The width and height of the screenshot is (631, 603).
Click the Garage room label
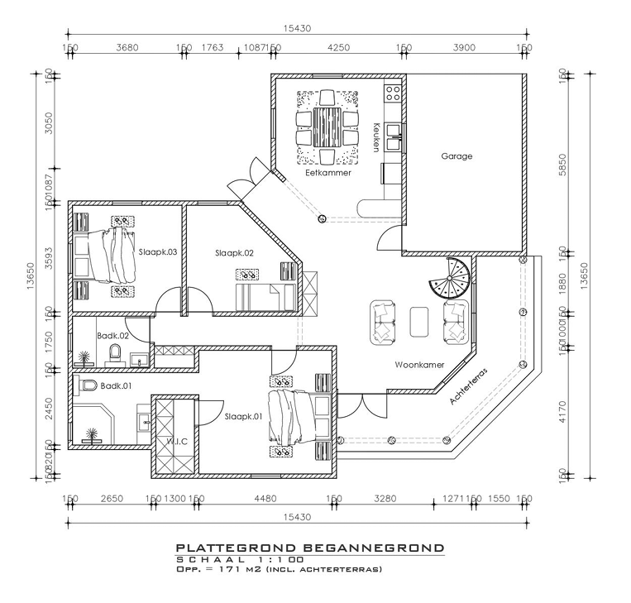pos(457,156)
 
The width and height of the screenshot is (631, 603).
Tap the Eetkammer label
pos(327,173)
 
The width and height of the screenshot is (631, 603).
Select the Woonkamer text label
pos(419,365)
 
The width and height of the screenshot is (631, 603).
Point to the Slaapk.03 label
pos(158,251)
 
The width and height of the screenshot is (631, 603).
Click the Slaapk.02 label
pos(233,252)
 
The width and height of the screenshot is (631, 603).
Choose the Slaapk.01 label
pos(243,416)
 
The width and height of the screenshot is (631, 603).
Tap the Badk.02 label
pos(112,336)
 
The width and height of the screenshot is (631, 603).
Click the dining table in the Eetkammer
pos(327,124)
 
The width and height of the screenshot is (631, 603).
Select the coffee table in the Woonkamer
pos(420,321)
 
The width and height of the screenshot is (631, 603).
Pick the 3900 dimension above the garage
pos(464,48)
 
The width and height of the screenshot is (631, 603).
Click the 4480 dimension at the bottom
pos(265,499)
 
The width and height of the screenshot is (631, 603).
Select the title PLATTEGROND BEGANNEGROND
pos(309,548)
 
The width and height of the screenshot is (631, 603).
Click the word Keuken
pos(376,136)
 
